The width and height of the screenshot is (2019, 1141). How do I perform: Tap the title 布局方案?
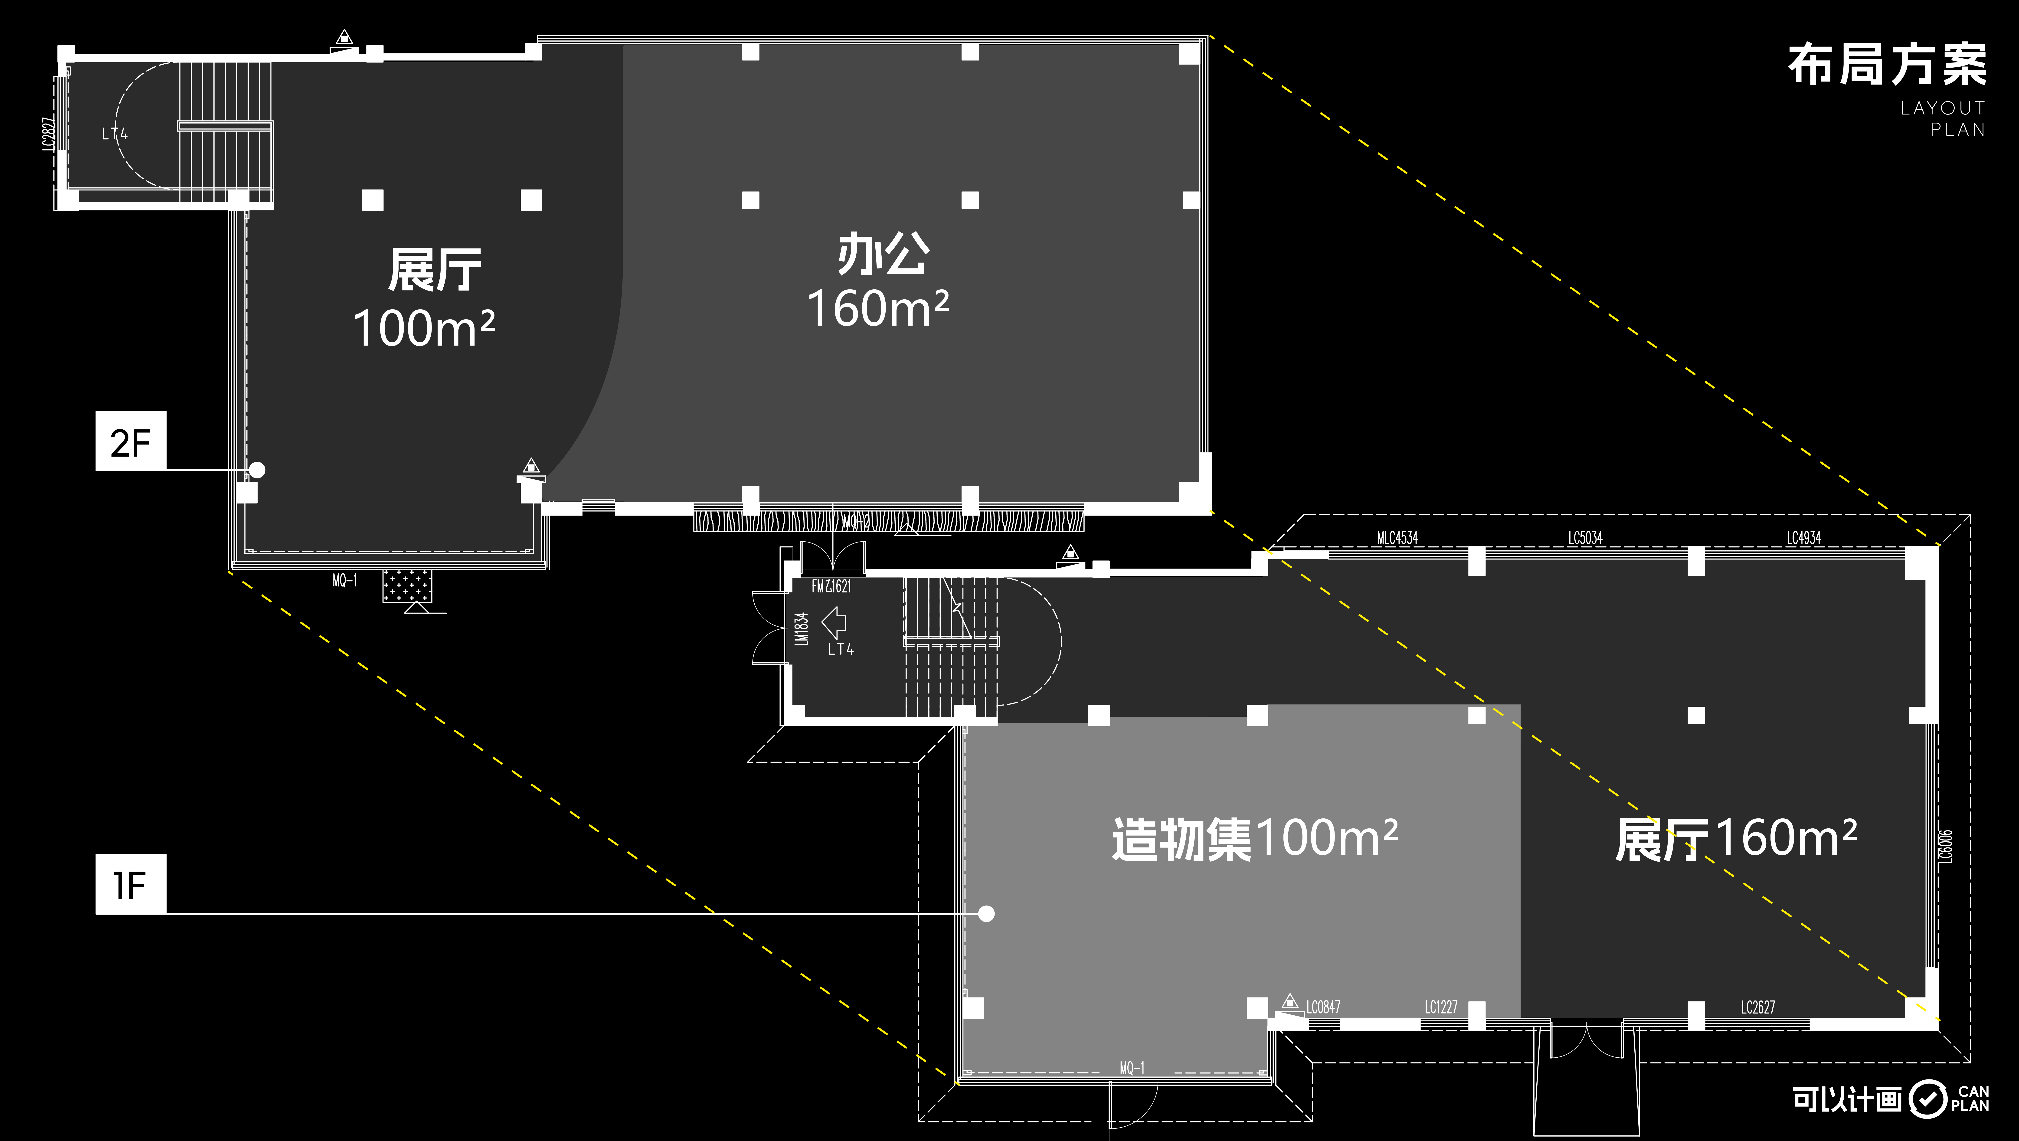click(1887, 65)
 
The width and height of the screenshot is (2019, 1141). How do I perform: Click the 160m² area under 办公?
click(878, 308)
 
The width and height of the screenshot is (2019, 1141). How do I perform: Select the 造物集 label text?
click(1181, 839)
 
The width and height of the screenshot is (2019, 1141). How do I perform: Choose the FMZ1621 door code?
click(831, 586)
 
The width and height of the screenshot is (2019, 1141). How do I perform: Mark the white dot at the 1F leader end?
click(987, 914)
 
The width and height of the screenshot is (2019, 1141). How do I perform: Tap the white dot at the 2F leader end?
click(257, 470)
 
